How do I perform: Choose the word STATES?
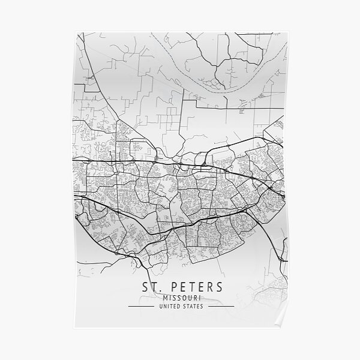[x=193, y=307]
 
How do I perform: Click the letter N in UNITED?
[x=161, y=307]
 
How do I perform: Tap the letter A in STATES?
[x=191, y=307]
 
